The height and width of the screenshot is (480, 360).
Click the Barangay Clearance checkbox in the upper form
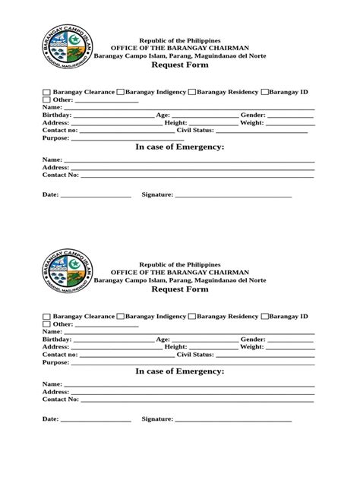(46, 93)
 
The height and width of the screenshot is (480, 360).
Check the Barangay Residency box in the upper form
(191, 93)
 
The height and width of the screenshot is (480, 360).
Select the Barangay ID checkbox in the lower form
(265, 316)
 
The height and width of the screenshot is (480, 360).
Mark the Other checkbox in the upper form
(46, 100)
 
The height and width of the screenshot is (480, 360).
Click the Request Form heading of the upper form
(180, 65)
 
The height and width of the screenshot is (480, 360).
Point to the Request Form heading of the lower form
(180, 289)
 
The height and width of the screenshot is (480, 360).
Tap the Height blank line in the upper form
(213, 125)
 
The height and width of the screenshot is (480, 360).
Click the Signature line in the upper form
(233, 197)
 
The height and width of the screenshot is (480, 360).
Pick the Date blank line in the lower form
(96, 421)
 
